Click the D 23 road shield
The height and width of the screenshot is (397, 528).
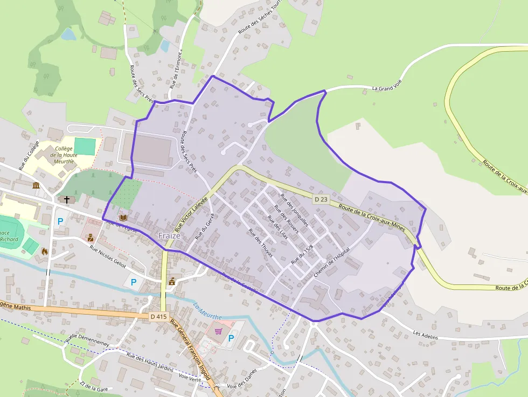[x=321, y=199]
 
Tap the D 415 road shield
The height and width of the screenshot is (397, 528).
[x=159, y=317]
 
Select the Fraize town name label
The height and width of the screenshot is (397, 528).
[x=169, y=235]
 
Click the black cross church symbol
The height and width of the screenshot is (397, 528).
[x=67, y=199]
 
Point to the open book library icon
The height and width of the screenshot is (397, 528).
[x=123, y=217]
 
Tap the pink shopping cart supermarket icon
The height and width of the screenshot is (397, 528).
[x=218, y=331]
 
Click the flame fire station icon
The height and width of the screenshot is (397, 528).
[x=44, y=251]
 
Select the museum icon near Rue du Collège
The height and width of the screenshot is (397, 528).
[x=36, y=186]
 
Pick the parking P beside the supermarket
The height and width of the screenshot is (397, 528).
[x=231, y=338]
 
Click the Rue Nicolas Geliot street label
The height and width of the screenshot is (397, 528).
[x=108, y=257]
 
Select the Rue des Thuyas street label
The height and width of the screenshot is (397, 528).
[x=260, y=242]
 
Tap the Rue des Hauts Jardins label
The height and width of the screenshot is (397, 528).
[x=150, y=363]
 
